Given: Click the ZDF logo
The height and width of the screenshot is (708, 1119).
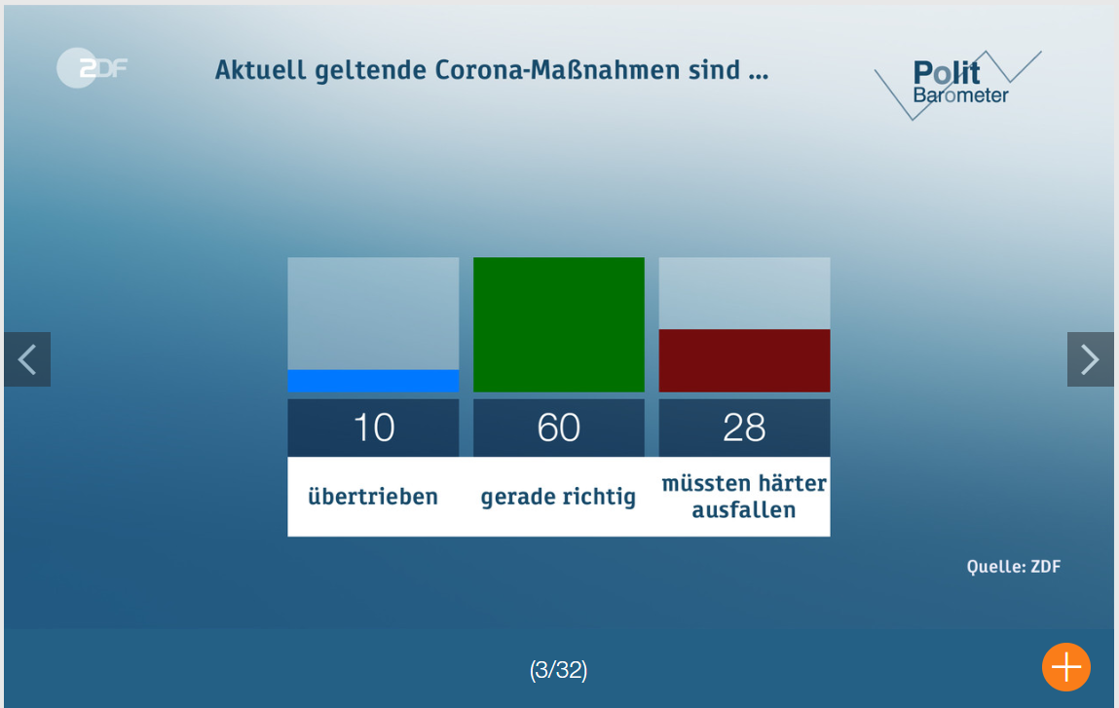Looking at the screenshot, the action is pos(93,68).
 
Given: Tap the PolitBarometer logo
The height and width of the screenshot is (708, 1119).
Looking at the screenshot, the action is pos(957,85).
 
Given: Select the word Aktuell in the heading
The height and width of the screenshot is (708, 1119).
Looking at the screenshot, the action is pos(260,70).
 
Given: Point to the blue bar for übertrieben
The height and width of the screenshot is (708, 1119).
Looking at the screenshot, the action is pos(373,381).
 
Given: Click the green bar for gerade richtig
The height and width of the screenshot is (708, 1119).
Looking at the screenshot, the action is pos(559,324).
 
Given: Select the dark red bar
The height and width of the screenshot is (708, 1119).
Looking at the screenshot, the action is pos(744,360).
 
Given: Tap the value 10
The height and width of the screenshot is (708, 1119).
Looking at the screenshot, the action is pos(374,428).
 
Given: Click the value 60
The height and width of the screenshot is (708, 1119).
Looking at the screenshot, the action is pos(559,428).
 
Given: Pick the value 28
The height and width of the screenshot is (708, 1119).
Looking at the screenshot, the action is pos(744,428).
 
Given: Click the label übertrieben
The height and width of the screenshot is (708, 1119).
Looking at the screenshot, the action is pos(373,496).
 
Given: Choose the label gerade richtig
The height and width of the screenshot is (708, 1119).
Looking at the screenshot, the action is pos(558,497).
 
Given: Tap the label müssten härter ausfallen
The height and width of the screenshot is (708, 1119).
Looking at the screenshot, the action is pos(744,496).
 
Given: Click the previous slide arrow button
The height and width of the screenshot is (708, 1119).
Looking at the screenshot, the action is pos(27,359).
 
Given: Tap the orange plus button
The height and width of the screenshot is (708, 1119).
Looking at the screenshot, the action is pos(1066,667).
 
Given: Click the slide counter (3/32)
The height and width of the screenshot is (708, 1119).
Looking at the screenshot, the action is pos(559,669).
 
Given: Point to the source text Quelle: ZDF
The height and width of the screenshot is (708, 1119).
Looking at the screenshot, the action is pos(1014,567).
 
